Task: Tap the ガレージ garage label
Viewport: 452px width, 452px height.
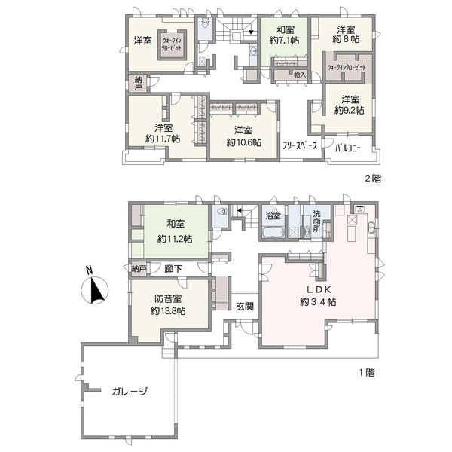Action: click(x=130, y=391)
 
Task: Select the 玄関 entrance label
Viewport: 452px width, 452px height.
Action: click(x=245, y=306)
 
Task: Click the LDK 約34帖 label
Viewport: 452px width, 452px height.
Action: click(x=318, y=295)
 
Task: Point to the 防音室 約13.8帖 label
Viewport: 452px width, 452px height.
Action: click(x=168, y=304)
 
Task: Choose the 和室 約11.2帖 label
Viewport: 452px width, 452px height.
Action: click(x=175, y=231)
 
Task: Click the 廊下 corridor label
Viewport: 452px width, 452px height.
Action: click(x=173, y=269)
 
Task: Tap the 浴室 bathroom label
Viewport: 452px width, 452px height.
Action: click(x=273, y=215)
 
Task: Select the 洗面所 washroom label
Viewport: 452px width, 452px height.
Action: click(x=317, y=221)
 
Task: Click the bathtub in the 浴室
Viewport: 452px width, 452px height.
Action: click(x=273, y=232)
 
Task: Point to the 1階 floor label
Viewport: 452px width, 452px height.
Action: click(x=367, y=372)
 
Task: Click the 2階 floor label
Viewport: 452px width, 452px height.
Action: click(x=373, y=179)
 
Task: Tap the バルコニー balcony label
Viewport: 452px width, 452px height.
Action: click(x=348, y=148)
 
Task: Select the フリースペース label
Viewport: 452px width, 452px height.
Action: click(x=300, y=145)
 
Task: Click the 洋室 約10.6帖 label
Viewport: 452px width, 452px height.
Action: click(x=243, y=136)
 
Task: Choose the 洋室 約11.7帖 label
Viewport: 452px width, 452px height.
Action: click(x=163, y=133)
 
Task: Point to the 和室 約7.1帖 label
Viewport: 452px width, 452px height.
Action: click(x=285, y=35)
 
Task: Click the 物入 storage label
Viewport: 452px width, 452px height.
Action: click(x=300, y=75)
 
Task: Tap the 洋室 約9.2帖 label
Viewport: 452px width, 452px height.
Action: click(x=350, y=105)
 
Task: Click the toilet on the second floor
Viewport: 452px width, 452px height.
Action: click(x=205, y=23)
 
